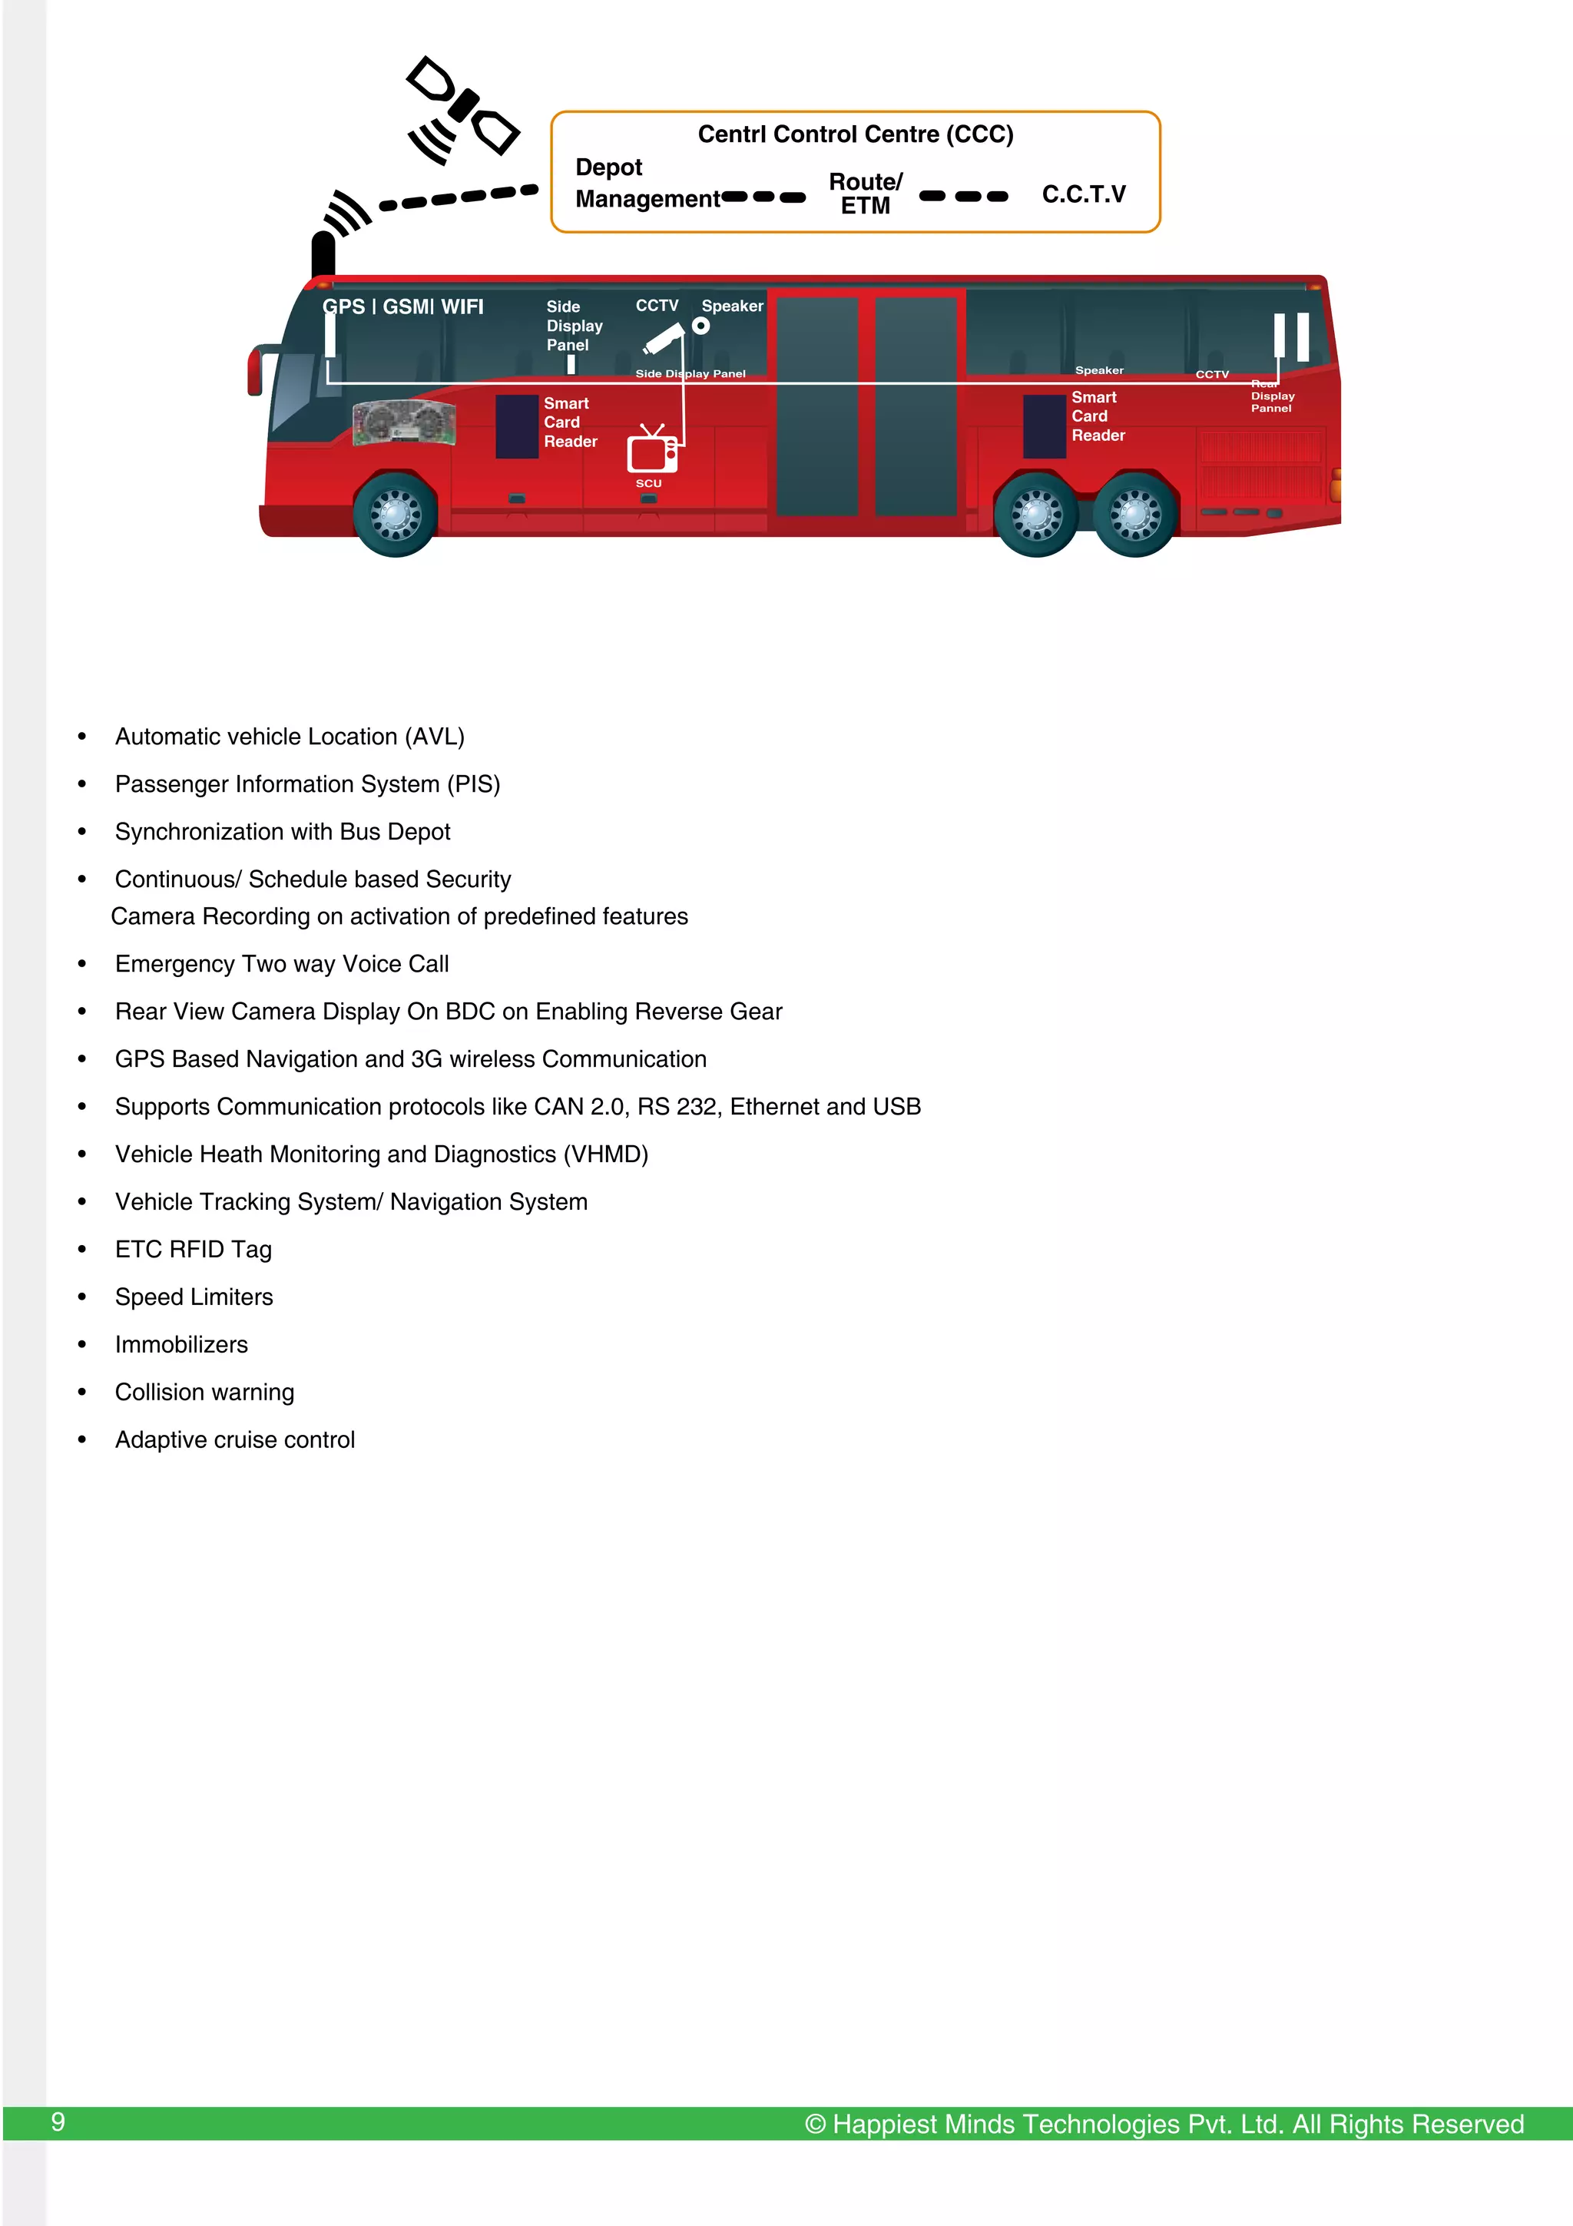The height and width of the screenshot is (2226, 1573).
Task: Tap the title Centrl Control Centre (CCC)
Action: point(855,134)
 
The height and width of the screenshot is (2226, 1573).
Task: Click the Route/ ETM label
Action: point(865,194)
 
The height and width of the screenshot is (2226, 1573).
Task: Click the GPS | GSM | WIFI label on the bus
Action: point(402,306)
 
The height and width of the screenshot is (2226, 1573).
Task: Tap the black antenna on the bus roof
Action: point(323,254)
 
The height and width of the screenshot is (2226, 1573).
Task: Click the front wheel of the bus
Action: point(395,514)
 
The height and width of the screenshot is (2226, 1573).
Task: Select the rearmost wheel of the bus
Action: point(1135,514)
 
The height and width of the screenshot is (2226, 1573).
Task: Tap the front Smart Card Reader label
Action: point(569,422)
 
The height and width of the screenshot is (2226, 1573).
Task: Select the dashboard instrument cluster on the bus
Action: point(404,422)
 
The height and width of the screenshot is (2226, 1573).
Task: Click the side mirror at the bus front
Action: point(256,369)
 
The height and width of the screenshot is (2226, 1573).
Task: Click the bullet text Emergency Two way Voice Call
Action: point(281,964)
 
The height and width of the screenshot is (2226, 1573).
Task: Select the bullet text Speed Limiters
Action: point(194,1297)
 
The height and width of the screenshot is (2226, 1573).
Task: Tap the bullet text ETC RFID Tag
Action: point(193,1250)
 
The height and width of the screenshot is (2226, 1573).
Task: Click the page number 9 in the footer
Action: point(58,2122)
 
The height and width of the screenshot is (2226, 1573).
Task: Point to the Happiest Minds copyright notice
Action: point(1163,2124)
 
